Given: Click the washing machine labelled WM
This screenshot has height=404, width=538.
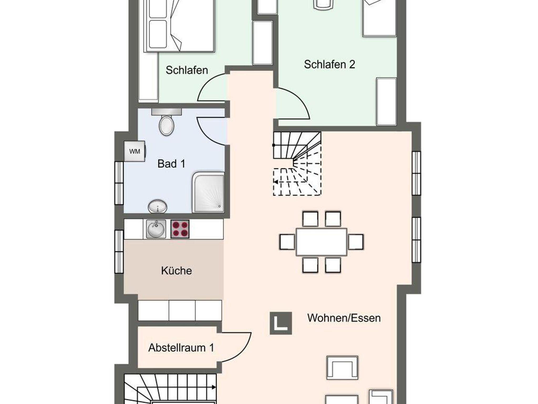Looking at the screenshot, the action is [x=134, y=151].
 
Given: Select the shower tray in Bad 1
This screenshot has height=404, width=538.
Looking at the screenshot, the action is [x=208, y=192].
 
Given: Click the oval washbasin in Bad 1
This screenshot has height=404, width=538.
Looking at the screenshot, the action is [x=158, y=206].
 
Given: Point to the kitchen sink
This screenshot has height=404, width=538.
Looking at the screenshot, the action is [x=156, y=229].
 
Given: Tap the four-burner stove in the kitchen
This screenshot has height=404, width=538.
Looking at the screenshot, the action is [x=180, y=229].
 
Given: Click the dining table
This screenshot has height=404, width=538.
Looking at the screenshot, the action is [x=322, y=242].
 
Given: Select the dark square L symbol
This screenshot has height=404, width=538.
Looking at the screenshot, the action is [x=281, y=323].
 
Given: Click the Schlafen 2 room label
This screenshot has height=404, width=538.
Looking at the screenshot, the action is [x=329, y=64].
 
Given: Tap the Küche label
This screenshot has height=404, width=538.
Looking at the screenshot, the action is [x=177, y=271].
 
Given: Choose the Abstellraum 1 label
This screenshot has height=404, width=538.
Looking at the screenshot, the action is [x=181, y=348].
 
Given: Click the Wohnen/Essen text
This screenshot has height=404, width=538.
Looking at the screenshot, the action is [x=344, y=318].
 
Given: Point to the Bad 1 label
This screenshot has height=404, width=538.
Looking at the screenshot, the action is [x=171, y=164].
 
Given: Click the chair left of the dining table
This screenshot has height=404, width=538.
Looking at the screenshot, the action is [x=287, y=242].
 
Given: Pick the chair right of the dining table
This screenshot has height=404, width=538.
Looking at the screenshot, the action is [x=356, y=242].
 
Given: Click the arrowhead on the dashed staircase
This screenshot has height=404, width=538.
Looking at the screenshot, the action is [x=276, y=182].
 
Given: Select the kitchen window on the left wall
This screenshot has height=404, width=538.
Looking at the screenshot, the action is [x=119, y=252].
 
